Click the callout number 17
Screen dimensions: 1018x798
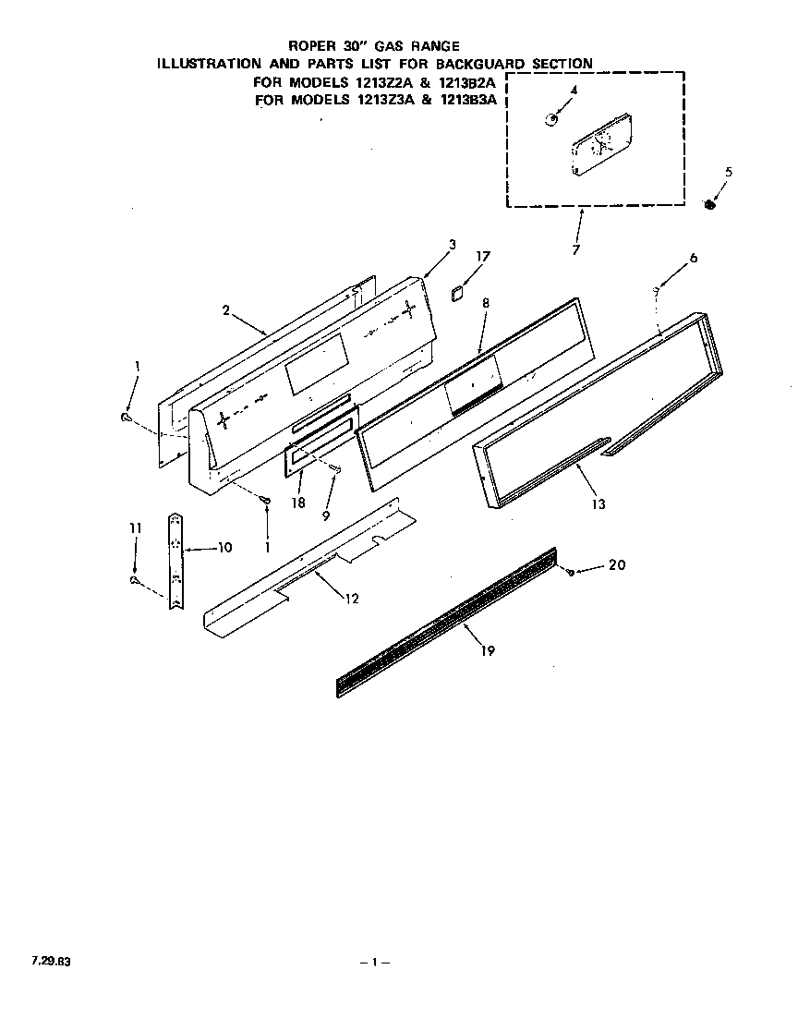pos(483,256)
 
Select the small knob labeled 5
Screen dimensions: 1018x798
pos(710,204)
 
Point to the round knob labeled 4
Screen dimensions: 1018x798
pos(550,120)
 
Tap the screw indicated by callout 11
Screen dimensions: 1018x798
pos(135,580)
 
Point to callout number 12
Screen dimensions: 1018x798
pos(352,599)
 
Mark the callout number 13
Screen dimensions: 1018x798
pos(598,504)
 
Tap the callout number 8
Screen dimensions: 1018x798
pos(486,302)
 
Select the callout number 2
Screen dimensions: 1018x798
pos(225,310)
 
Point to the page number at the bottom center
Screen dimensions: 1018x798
pos(374,963)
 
